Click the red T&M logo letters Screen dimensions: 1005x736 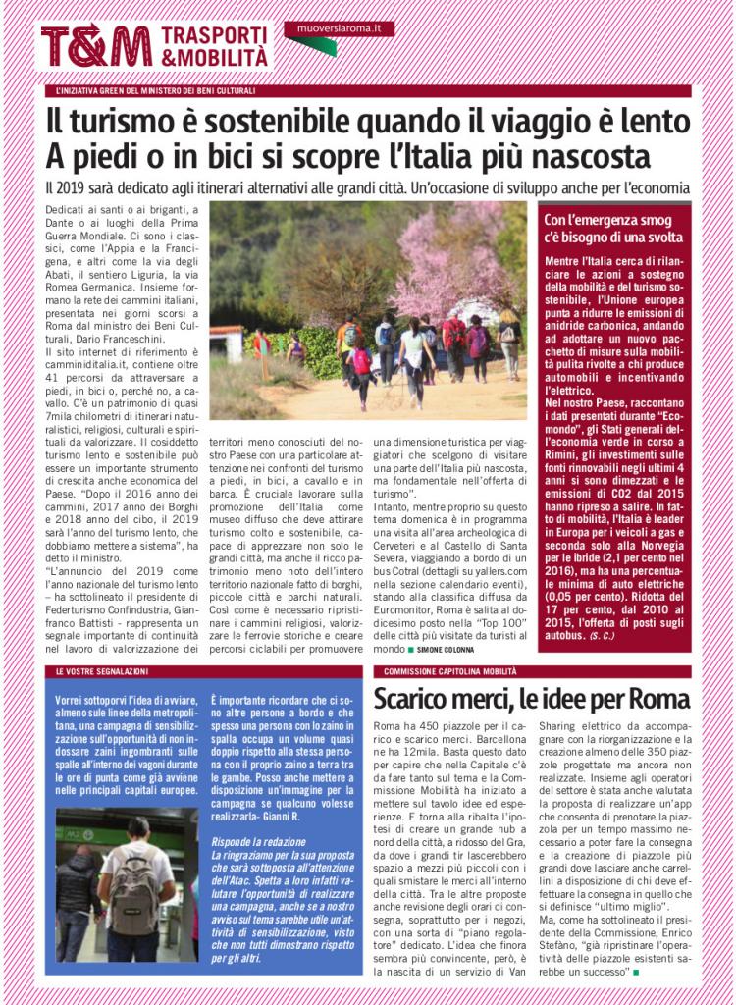tap(96, 46)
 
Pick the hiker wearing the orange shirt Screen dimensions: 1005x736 tap(346, 339)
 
